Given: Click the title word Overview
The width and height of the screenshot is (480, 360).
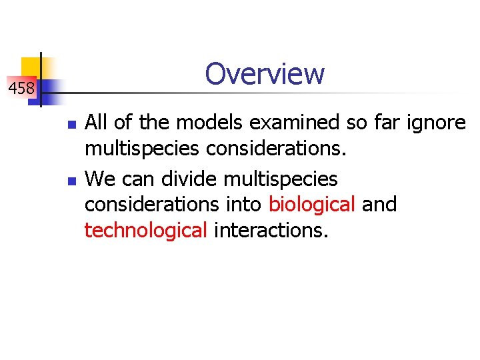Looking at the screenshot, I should (265, 73).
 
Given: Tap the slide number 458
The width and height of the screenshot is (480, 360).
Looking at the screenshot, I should (21, 87).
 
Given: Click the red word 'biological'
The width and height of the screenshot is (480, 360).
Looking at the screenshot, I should (312, 205).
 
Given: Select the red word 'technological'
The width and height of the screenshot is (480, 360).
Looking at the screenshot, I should (146, 231).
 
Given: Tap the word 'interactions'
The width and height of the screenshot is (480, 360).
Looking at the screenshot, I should (270, 231).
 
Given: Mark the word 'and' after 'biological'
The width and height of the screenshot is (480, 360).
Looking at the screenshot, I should (379, 205).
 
